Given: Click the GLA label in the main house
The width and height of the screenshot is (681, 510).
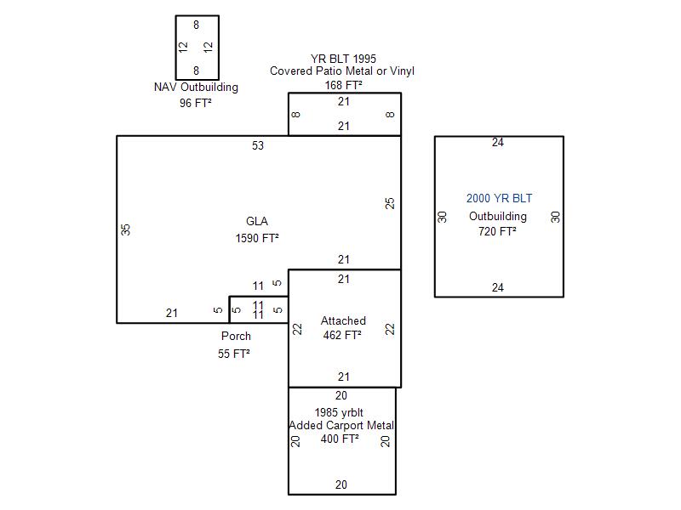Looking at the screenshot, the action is tap(257, 221).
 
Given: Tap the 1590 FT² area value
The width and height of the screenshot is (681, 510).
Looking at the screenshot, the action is tap(257, 238).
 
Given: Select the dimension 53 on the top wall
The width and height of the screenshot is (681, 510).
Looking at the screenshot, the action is tap(258, 145).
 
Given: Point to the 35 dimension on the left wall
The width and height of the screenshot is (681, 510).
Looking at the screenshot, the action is tap(125, 229).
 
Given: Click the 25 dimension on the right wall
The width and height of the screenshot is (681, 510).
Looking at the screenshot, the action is tap(390, 203).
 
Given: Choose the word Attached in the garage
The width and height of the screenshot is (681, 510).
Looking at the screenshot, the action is tap(343, 320).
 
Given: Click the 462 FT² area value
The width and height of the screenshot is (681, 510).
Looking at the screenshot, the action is tap(342, 335).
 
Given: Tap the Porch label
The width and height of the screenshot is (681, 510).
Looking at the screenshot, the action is tap(236, 336).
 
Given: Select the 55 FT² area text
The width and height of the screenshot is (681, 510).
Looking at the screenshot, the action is tap(233, 354).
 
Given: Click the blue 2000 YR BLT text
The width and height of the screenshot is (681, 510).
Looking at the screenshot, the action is tap(499, 198).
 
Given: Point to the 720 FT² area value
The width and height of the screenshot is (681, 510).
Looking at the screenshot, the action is tap(497, 231).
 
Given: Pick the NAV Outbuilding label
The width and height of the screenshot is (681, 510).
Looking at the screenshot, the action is tap(196, 88).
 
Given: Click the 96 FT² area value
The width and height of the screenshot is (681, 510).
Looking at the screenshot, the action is tap(196, 103).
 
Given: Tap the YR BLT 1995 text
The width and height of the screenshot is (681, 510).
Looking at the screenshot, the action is tap(343, 59).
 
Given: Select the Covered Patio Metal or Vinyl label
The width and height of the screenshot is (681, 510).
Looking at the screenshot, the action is tap(342, 71).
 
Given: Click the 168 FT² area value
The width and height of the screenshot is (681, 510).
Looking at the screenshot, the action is tap(343, 85).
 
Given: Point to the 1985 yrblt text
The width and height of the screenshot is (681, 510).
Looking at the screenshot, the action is tap(339, 412).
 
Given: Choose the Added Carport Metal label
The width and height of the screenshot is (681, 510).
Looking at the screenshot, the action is tap(342, 426).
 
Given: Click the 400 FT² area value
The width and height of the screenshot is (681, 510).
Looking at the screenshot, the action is tap(340, 439).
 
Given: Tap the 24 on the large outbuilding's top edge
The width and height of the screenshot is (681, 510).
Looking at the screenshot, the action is tap(498, 142).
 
